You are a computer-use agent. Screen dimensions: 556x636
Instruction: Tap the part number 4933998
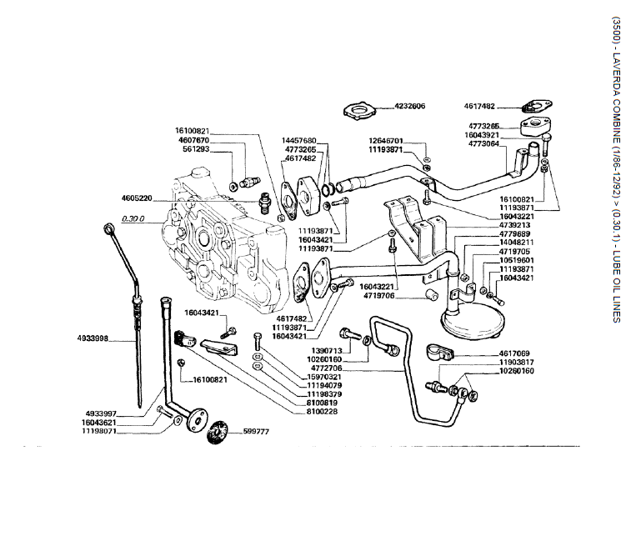click(x=92, y=338)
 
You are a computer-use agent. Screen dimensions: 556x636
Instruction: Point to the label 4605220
click(x=136, y=199)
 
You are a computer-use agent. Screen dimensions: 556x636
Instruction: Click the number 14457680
click(x=298, y=140)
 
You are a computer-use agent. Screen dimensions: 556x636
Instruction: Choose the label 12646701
click(x=387, y=140)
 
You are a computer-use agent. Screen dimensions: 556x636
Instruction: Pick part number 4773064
click(x=483, y=143)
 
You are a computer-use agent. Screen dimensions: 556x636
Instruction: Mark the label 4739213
click(x=516, y=225)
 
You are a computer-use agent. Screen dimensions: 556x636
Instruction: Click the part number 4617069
click(x=517, y=353)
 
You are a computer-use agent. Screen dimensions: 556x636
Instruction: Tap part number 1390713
click(x=325, y=350)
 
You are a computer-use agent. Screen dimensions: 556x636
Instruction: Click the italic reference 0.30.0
click(x=133, y=218)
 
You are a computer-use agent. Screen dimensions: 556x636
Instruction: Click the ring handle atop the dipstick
click(x=108, y=228)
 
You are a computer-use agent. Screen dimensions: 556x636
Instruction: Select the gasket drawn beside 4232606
click(x=358, y=109)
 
